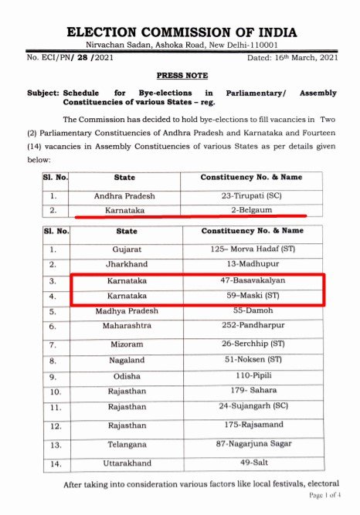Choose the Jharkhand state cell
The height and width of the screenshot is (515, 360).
(126, 264)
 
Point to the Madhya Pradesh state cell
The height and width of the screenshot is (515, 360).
(126, 310)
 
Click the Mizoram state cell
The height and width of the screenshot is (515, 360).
(126, 343)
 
